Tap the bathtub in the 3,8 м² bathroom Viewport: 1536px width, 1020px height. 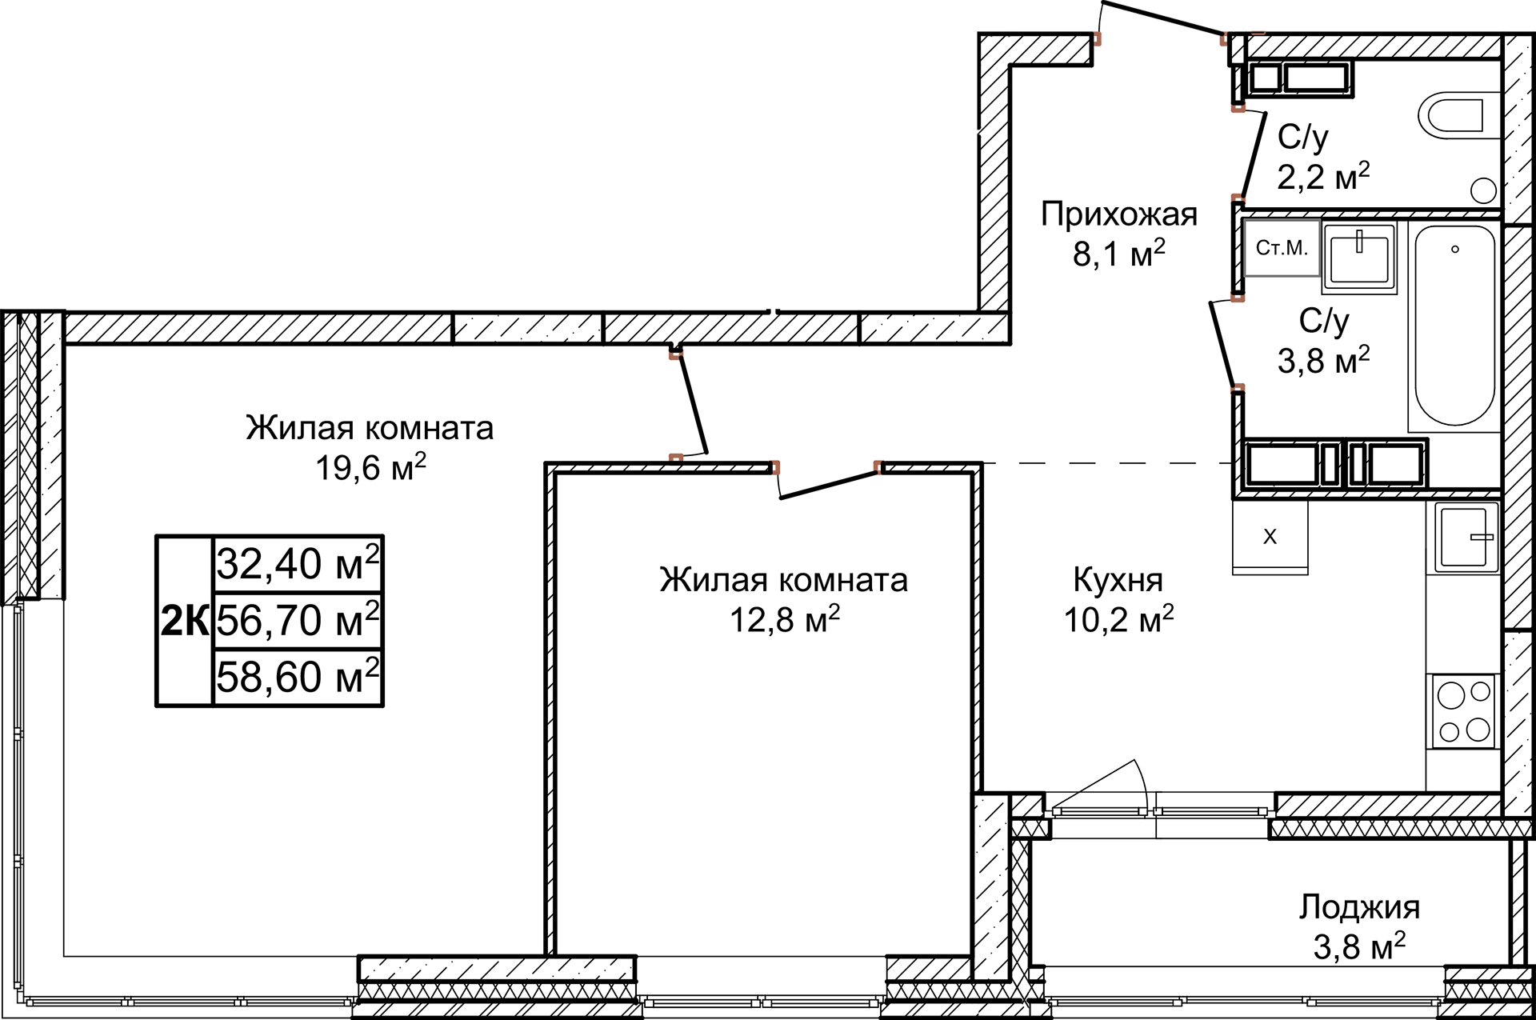coord(1454,326)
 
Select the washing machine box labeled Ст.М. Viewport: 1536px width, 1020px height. coord(1282,248)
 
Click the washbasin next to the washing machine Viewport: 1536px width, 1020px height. coord(1359,255)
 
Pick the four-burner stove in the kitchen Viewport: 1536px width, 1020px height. coord(1463,711)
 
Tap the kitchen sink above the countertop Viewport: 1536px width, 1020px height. coord(1465,537)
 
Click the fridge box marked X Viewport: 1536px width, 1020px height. coord(1270,536)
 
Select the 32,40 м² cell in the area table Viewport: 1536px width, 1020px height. coord(298,564)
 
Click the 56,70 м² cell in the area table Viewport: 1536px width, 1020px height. coord(298,621)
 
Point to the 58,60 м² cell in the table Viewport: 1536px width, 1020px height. coord(298,678)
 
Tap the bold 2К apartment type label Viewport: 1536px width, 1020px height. coord(185,621)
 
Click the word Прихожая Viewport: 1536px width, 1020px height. coord(1118,214)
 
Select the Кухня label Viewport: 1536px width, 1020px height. coord(1118,580)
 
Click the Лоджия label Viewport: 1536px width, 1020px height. coord(1358,907)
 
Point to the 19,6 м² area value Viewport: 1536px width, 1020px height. coord(370,468)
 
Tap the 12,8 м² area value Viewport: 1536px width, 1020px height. coord(784,620)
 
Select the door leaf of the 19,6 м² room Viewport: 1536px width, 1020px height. coord(693,406)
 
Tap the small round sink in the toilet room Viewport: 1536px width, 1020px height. coord(1483,190)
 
